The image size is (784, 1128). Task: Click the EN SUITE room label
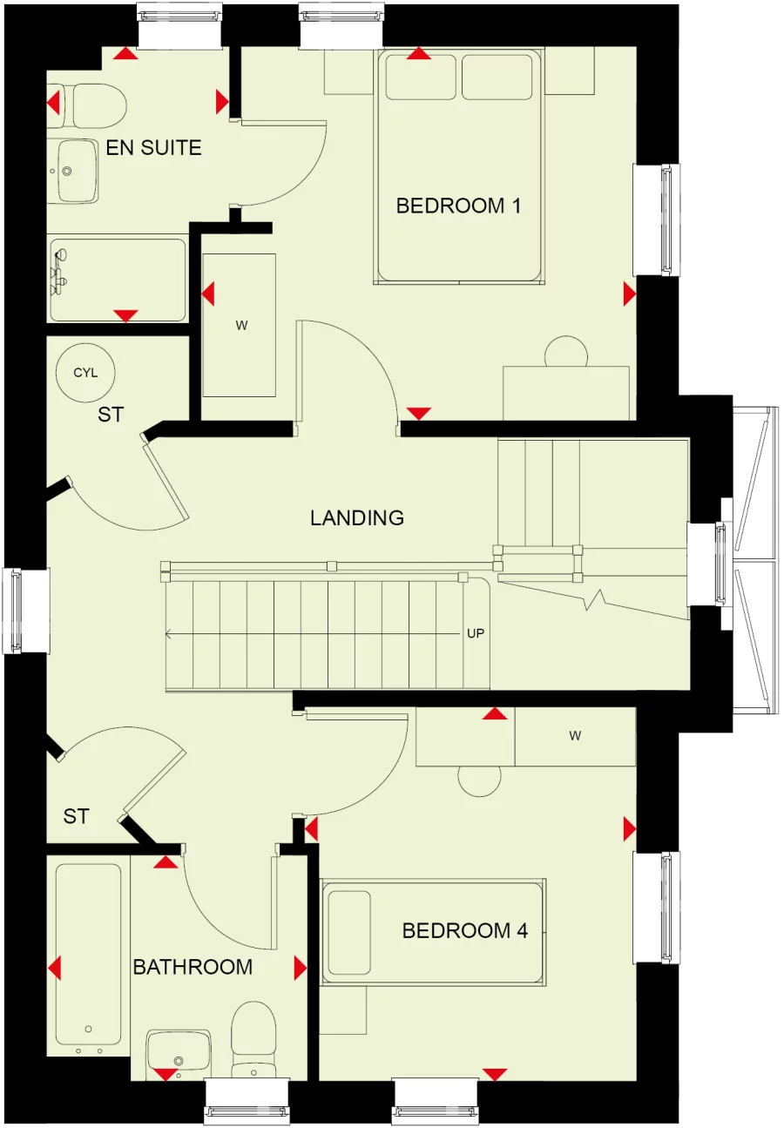(153, 148)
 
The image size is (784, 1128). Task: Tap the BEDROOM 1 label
(458, 206)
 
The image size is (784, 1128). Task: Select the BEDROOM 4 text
(465, 930)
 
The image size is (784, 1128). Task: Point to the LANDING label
(357, 518)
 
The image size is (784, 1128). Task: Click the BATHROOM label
(193, 966)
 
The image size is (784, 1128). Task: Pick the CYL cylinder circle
(85, 373)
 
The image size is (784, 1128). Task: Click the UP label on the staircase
(475, 633)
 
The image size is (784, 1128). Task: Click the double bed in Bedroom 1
(459, 165)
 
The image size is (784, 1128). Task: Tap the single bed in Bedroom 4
(433, 933)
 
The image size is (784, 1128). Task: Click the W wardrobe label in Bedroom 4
(575, 736)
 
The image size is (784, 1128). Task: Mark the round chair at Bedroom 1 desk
(566, 353)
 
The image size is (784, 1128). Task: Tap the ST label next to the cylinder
(110, 415)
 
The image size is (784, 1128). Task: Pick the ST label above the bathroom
(77, 816)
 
